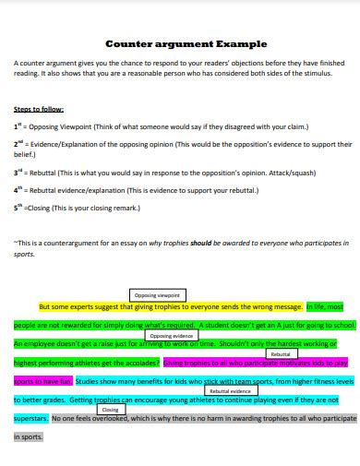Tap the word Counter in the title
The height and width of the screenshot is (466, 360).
129,43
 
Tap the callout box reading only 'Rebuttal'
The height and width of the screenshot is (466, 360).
282,354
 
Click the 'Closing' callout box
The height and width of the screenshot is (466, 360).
110,409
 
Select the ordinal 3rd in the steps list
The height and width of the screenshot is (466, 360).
18,173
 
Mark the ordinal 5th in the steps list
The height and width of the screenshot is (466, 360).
18,208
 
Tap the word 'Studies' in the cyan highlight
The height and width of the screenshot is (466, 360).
91,378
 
